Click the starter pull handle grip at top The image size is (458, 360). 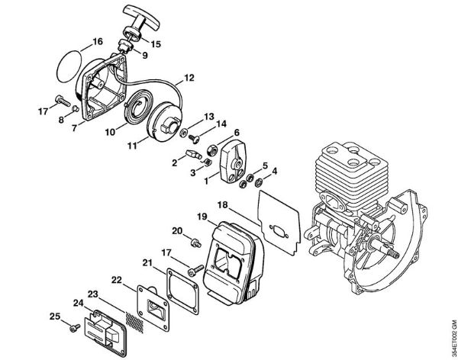click(x=141, y=18)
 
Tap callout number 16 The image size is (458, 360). click(x=98, y=41)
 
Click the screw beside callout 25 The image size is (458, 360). click(x=75, y=328)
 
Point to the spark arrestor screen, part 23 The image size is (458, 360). click(x=134, y=322)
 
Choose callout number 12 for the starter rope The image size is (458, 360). click(x=189, y=78)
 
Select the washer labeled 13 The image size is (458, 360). click(x=184, y=132)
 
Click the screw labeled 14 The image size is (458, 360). click(x=194, y=138)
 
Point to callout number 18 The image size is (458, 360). click(x=223, y=204)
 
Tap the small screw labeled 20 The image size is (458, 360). click(x=196, y=243)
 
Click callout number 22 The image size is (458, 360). click(x=117, y=280)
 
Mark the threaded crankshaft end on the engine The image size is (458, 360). click(x=392, y=253)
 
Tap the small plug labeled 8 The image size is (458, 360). click(x=76, y=108)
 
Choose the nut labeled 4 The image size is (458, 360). click(x=258, y=183)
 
